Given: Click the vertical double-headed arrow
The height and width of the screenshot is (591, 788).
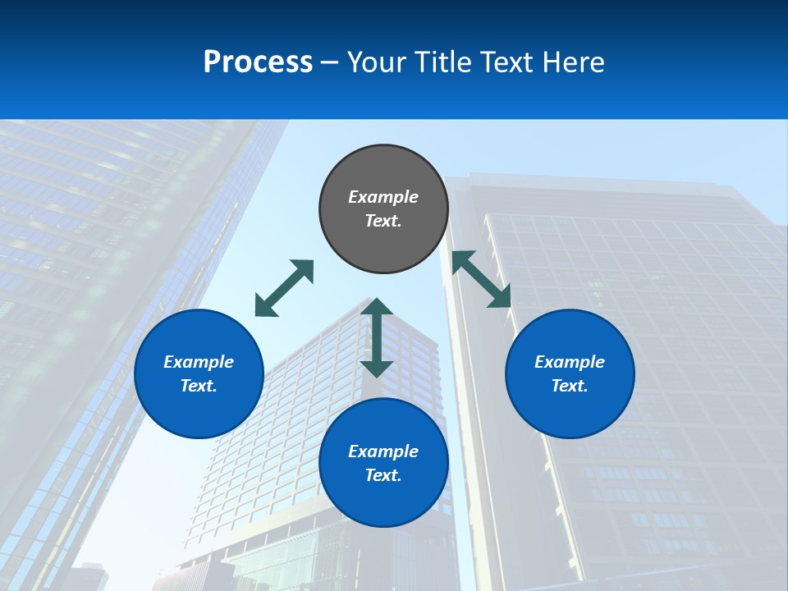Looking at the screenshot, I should pyautogui.click(x=377, y=337).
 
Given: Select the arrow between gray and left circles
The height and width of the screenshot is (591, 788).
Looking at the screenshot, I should pyautogui.click(x=284, y=288).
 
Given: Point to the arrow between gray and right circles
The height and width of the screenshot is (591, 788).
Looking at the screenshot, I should pyautogui.click(x=482, y=279).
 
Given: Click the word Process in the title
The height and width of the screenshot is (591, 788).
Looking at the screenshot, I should pyautogui.click(x=258, y=62).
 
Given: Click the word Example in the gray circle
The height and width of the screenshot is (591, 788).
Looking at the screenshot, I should pyautogui.click(x=383, y=197).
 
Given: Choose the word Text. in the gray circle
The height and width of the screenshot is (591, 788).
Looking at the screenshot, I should pyautogui.click(x=383, y=221).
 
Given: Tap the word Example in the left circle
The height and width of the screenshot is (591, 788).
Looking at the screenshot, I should pyautogui.click(x=199, y=362).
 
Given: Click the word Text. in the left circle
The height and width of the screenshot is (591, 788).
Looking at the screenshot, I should pyautogui.click(x=199, y=386).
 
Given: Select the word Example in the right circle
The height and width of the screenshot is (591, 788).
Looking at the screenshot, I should pyautogui.click(x=570, y=362).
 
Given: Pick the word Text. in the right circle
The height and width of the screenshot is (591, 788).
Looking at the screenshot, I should pyautogui.click(x=570, y=386).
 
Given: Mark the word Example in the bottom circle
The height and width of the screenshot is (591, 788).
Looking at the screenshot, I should pyautogui.click(x=383, y=451).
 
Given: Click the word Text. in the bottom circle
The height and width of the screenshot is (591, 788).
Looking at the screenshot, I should pyautogui.click(x=383, y=475).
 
